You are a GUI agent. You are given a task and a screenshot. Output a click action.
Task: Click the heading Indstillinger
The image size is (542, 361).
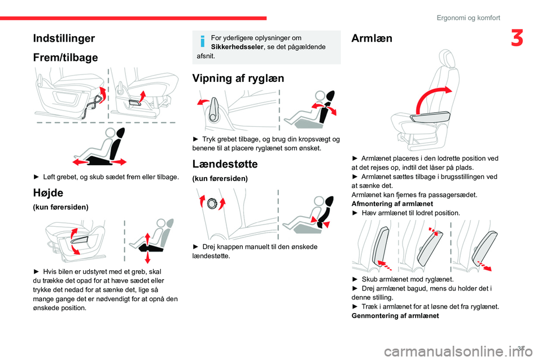coord(63,38)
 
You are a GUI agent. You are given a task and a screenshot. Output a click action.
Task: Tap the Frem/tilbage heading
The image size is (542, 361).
coord(65,58)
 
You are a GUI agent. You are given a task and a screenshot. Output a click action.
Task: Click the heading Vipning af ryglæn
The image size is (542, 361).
coord(238,78)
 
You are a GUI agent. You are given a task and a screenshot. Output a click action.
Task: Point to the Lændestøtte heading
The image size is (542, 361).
coord(225,164)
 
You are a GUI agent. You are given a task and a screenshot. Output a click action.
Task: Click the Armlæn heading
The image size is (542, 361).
coord(372,38)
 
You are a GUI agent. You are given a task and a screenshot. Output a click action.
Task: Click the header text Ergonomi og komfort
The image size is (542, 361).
coord(468,17)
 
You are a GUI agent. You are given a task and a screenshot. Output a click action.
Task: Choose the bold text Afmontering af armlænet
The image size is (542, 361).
coord(392,203)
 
